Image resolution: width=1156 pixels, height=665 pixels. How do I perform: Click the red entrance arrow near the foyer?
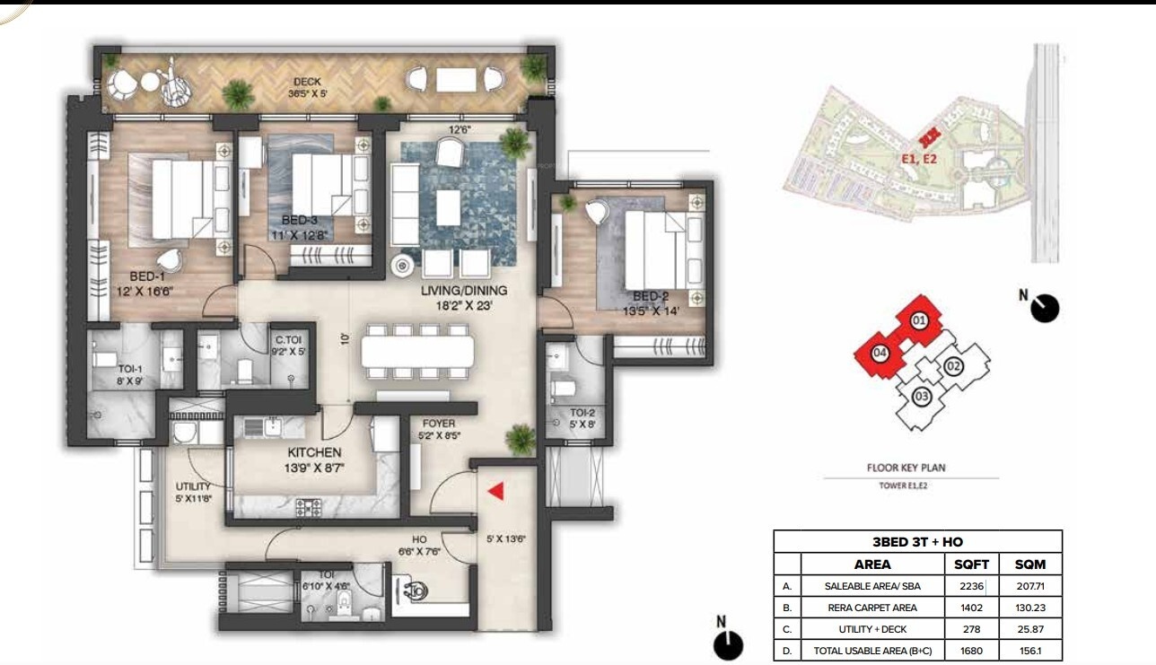pyautogui.click(x=495, y=490)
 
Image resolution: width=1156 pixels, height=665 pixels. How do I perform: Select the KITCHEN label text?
pyautogui.click(x=314, y=452)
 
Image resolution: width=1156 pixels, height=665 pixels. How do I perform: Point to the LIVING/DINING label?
pyautogui.click(x=465, y=291)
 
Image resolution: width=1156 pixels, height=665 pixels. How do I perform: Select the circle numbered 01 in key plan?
pyautogui.click(x=918, y=320)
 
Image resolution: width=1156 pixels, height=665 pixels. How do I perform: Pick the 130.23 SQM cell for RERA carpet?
pyautogui.click(x=1030, y=608)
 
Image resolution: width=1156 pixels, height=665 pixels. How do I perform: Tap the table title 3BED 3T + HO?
pyautogui.click(x=917, y=542)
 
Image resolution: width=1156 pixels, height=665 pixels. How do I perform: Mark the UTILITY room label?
pyautogui.click(x=193, y=487)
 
